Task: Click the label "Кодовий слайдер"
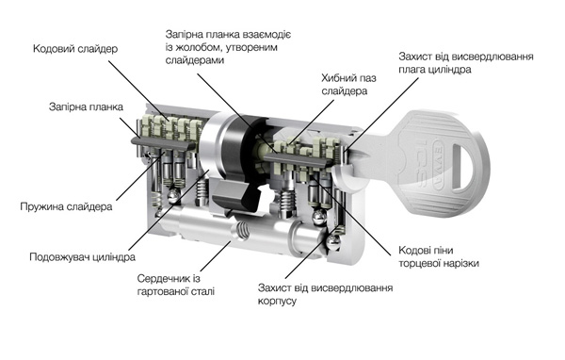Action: [75, 49]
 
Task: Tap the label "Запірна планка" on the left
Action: [86, 106]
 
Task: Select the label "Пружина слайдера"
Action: [66, 206]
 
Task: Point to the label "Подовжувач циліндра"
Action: [83, 257]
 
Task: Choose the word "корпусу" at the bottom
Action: [277, 301]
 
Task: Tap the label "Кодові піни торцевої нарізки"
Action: [439, 257]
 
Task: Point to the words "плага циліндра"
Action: [434, 69]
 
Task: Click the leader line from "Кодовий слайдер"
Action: [138, 90]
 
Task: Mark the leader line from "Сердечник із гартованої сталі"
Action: [216, 256]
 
